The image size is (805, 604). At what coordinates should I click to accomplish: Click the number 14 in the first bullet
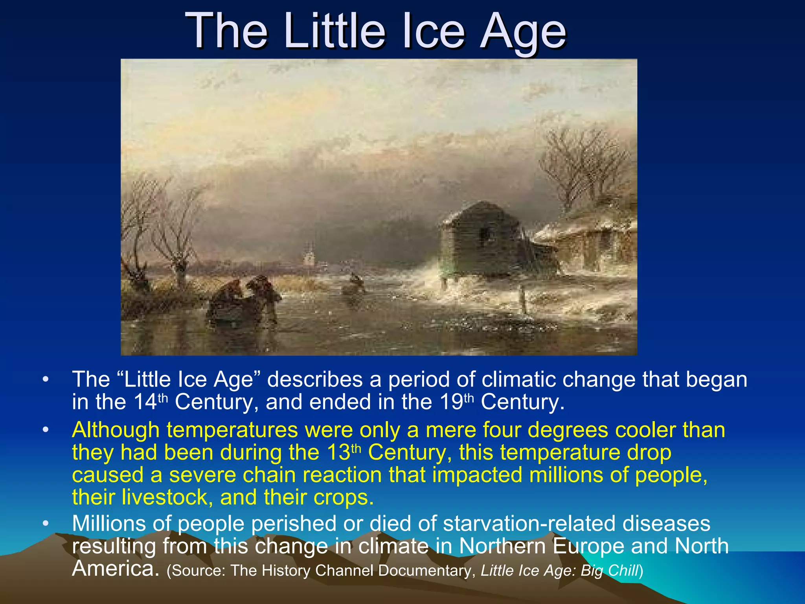click(x=145, y=402)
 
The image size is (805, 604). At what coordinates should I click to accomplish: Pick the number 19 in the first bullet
click(x=451, y=402)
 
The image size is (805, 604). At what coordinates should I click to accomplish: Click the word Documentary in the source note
click(x=425, y=571)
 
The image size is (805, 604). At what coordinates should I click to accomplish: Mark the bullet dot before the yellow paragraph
click(x=46, y=430)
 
